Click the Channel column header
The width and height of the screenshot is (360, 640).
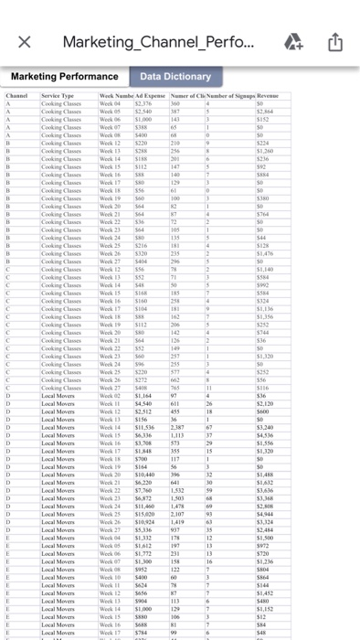(18, 95)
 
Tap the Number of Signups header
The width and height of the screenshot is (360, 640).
(230, 95)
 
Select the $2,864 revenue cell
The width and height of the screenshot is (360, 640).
(270, 111)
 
